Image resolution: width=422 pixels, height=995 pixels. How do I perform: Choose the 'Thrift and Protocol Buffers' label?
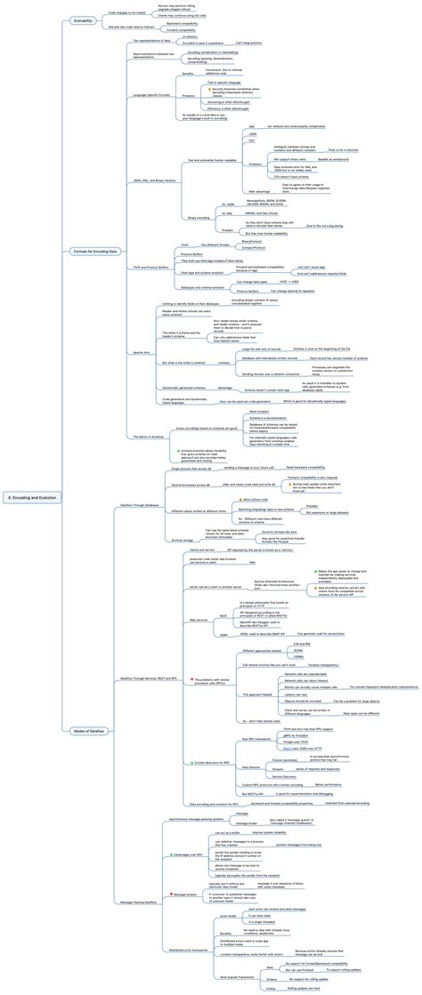coord(147,268)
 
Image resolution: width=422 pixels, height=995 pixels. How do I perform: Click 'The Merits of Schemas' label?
coord(147,436)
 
